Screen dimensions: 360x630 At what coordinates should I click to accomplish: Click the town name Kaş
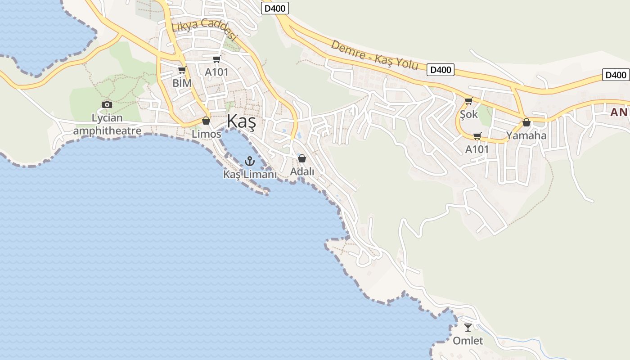[x=241, y=121]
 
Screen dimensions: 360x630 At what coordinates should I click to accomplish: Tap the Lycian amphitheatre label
[x=107, y=125]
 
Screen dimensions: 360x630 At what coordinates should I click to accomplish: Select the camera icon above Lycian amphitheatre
[x=107, y=105]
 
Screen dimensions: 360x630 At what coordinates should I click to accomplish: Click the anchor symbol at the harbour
[x=249, y=161]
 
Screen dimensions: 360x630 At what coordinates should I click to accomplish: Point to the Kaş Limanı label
[x=250, y=174]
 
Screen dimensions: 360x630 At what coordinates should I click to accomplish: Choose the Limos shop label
[x=207, y=134]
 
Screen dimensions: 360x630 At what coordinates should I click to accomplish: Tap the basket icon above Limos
[x=206, y=121]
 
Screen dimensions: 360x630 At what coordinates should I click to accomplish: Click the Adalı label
[x=302, y=171]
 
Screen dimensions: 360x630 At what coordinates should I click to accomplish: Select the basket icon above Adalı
[x=302, y=158]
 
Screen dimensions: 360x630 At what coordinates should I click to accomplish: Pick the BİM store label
[x=182, y=83]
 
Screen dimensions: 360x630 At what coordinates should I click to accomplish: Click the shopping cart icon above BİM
[x=182, y=70]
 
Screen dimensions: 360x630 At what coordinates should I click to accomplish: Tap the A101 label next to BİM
[x=216, y=72]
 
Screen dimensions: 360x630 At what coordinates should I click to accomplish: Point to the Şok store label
[x=468, y=114]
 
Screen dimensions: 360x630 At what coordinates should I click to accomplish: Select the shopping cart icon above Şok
[x=468, y=101]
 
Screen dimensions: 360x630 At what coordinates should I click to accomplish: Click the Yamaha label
[x=526, y=135]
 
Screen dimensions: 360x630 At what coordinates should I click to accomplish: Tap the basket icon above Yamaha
[x=526, y=122]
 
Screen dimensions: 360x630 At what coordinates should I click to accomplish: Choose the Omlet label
[x=468, y=341]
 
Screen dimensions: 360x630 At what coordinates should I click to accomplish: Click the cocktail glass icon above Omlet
[x=468, y=328]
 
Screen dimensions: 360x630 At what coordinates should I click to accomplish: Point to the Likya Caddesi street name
[x=204, y=30]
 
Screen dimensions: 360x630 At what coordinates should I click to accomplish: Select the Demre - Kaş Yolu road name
[x=374, y=55]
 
